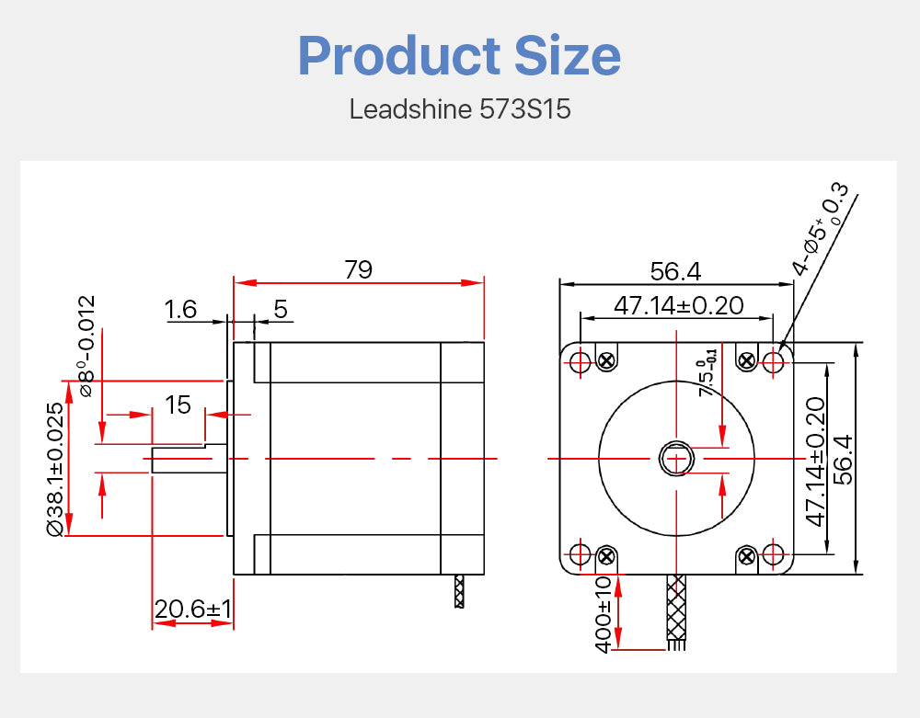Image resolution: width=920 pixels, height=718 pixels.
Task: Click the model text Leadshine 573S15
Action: point(460,109)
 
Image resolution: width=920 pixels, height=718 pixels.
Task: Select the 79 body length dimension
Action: point(358,269)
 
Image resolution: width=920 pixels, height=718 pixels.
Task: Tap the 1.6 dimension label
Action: point(181,309)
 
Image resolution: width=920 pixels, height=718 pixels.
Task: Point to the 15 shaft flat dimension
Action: point(178,404)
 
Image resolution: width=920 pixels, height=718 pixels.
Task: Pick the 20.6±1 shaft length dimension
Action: point(193,609)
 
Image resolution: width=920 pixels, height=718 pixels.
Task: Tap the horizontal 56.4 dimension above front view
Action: point(675,271)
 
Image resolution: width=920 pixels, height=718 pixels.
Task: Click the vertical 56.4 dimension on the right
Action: point(844,459)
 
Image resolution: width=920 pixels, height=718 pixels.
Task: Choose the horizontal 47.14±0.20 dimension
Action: point(678,305)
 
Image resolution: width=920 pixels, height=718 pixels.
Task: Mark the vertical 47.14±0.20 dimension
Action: point(815,462)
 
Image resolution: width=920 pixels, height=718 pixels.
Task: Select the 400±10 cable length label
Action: point(604,614)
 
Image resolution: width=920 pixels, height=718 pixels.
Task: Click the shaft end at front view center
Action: point(676,458)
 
